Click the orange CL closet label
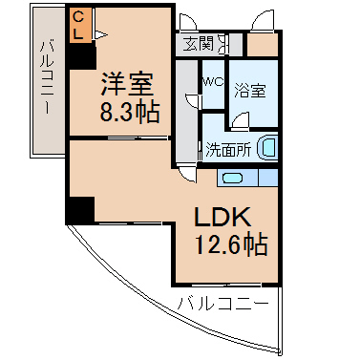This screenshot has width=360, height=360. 78,25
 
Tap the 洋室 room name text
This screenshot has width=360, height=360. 127,84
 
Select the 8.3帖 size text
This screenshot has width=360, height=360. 130,113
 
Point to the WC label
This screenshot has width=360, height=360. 214,82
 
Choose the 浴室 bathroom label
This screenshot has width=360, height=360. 250,91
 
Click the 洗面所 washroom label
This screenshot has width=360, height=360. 228,150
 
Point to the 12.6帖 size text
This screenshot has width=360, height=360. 231,244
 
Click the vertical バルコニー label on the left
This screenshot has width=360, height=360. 46,76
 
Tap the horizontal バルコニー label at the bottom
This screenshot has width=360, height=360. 222,304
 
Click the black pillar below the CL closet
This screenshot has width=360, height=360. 82,54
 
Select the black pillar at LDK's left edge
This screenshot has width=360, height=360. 80,210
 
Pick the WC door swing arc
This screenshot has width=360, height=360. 192,101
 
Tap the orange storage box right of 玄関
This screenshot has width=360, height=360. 263,45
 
